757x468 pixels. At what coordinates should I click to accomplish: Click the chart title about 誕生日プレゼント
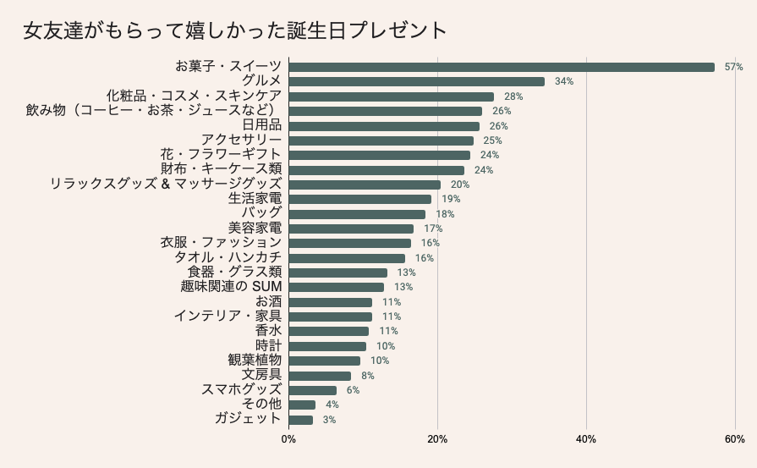(x=235, y=30)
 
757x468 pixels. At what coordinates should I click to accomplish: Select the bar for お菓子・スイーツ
(x=502, y=67)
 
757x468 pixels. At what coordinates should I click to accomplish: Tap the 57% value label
(x=733, y=67)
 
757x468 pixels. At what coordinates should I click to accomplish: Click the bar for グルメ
(x=416, y=81)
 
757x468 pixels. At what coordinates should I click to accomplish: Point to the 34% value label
(x=564, y=81)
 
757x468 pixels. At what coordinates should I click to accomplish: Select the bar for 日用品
(x=384, y=126)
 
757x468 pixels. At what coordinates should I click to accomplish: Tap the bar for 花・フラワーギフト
(x=379, y=155)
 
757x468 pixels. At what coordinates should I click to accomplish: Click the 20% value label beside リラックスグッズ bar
(x=460, y=184)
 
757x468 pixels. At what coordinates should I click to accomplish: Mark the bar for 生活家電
(x=359, y=199)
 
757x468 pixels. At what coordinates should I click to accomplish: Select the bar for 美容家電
(x=351, y=228)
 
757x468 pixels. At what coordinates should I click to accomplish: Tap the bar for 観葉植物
(x=324, y=361)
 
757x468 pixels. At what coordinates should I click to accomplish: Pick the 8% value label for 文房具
(x=367, y=376)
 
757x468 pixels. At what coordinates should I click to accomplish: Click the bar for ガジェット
(x=300, y=420)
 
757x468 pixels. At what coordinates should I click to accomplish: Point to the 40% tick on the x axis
(x=586, y=440)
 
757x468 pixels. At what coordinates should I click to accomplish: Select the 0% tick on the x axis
(x=288, y=440)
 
